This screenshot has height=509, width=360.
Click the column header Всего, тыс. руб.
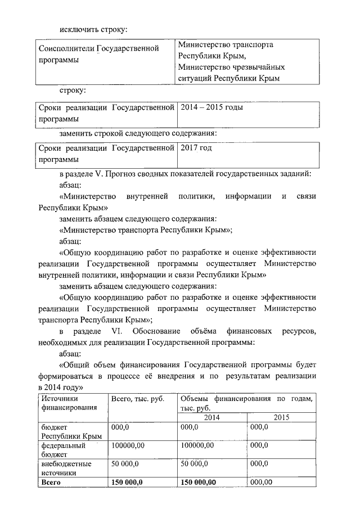pos(138,399)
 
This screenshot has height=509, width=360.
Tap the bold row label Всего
pos(51,482)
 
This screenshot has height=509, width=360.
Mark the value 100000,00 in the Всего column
pos(129,445)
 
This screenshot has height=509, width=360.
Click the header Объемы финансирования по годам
pos(247,399)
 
